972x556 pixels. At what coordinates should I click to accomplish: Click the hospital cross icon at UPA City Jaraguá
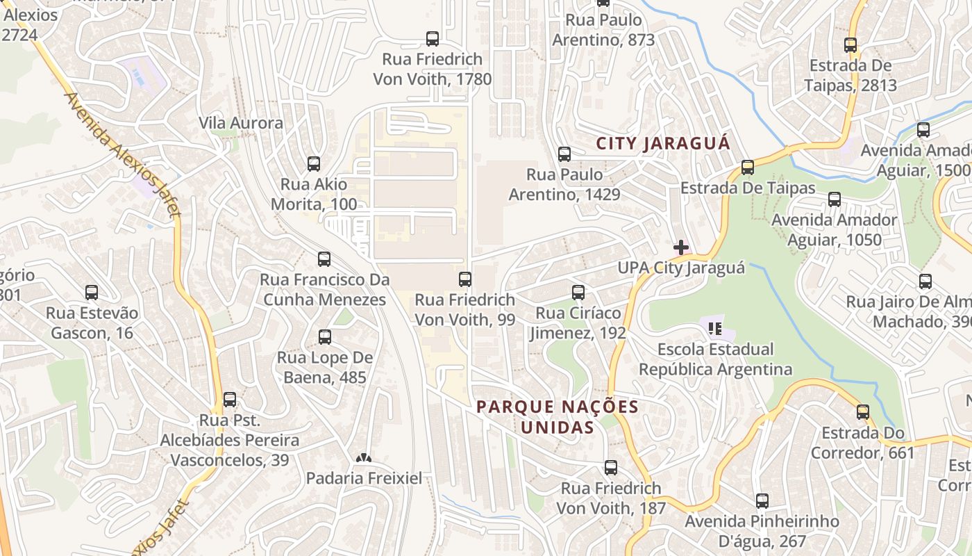coord(681,247)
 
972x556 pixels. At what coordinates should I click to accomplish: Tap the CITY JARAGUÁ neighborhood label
coord(663,144)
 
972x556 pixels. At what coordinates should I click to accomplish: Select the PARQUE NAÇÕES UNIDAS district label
coord(558,416)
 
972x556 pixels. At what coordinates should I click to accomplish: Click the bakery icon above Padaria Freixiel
coord(363,458)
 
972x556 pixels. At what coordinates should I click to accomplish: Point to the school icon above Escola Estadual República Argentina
coord(715,327)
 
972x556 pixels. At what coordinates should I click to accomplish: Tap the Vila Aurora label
coord(241,123)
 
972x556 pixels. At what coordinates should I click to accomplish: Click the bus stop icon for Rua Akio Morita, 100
coord(314,164)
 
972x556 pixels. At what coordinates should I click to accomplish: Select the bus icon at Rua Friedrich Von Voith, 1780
coord(433,39)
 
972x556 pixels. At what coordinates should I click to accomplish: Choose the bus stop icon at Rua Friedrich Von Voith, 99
coord(465,279)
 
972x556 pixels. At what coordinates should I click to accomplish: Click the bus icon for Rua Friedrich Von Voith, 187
coord(611,468)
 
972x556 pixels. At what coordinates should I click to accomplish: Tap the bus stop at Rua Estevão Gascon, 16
coord(92,293)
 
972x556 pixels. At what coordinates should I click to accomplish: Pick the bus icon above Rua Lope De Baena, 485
coord(325,337)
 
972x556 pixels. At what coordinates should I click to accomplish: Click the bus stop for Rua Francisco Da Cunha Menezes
coord(324,259)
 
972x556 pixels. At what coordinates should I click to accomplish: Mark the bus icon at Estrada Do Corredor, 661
coord(863,412)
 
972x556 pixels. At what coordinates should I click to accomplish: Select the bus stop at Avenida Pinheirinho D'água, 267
coord(762,500)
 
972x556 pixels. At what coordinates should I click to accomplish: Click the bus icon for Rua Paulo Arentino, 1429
coord(564,154)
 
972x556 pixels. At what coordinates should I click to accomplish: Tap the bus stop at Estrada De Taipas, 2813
coord(850,45)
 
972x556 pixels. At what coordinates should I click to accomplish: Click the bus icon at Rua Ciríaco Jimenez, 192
coord(578,293)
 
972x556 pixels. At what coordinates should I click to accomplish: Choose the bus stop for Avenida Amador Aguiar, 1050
coord(835,199)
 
